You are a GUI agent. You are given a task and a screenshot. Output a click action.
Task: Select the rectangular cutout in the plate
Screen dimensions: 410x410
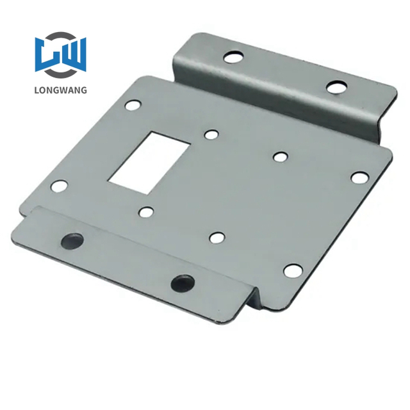148,158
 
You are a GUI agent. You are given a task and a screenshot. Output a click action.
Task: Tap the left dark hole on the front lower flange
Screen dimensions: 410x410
70,241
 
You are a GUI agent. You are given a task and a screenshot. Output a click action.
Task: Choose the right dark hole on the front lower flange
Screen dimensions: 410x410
181,282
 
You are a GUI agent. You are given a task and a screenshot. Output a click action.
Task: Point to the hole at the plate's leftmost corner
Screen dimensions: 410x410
59,187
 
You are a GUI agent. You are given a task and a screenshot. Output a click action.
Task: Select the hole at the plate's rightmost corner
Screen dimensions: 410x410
359,177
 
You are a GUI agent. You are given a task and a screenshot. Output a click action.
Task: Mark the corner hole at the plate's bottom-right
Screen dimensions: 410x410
291,271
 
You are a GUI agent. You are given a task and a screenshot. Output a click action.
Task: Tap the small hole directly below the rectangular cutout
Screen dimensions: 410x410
147,211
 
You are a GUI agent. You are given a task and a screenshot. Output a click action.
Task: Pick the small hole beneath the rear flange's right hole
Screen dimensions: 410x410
279,156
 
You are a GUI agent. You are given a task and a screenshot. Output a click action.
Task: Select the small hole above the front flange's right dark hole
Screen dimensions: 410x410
215,238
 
